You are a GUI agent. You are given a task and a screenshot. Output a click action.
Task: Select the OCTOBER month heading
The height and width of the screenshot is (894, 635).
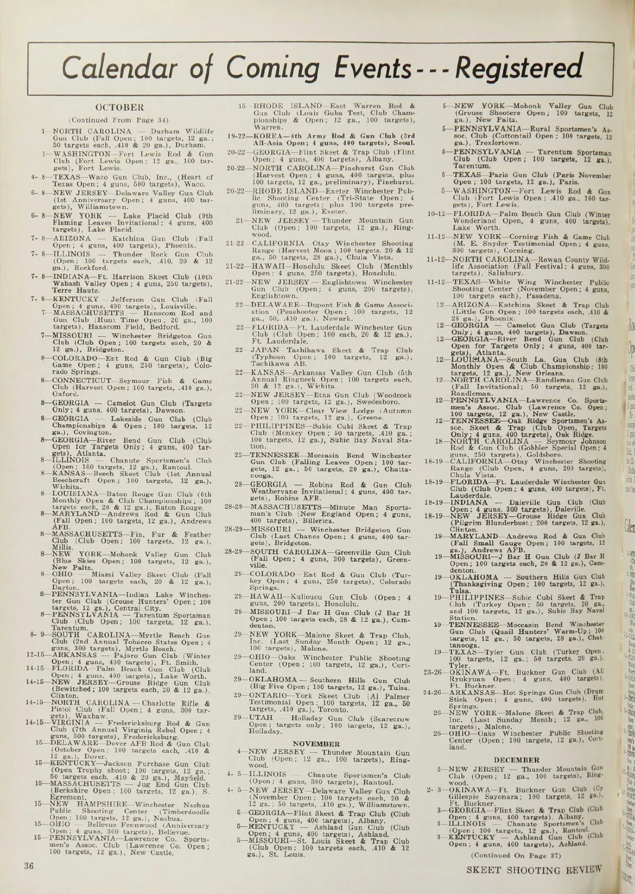122,108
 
